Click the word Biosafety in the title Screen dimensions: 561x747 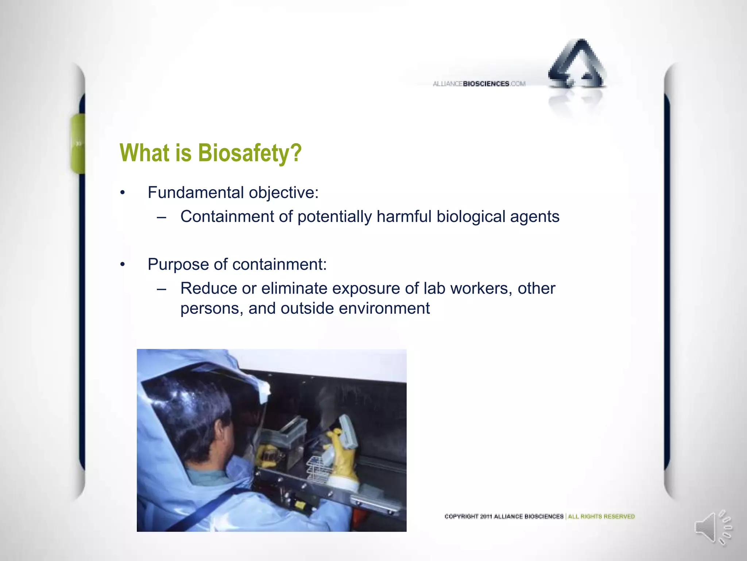click(x=249, y=153)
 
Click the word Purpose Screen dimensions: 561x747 click(x=178, y=265)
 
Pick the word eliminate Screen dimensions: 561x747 click(x=294, y=289)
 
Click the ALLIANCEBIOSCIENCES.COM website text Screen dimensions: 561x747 click(x=479, y=84)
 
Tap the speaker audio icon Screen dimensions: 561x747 click(x=711, y=527)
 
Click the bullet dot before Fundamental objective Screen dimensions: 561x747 click(x=123, y=193)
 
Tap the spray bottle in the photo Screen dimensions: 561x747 click(x=345, y=435)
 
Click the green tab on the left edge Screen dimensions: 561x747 click(x=78, y=143)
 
